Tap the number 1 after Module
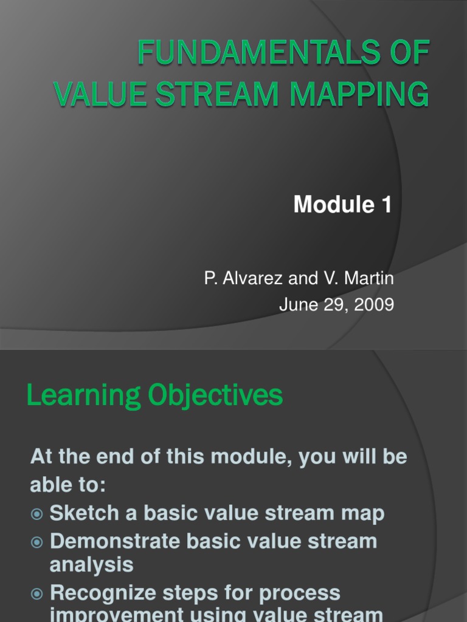(x=387, y=205)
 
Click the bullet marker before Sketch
(x=37, y=514)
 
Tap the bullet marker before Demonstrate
(x=37, y=541)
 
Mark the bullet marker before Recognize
(x=37, y=593)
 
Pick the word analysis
(x=91, y=565)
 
